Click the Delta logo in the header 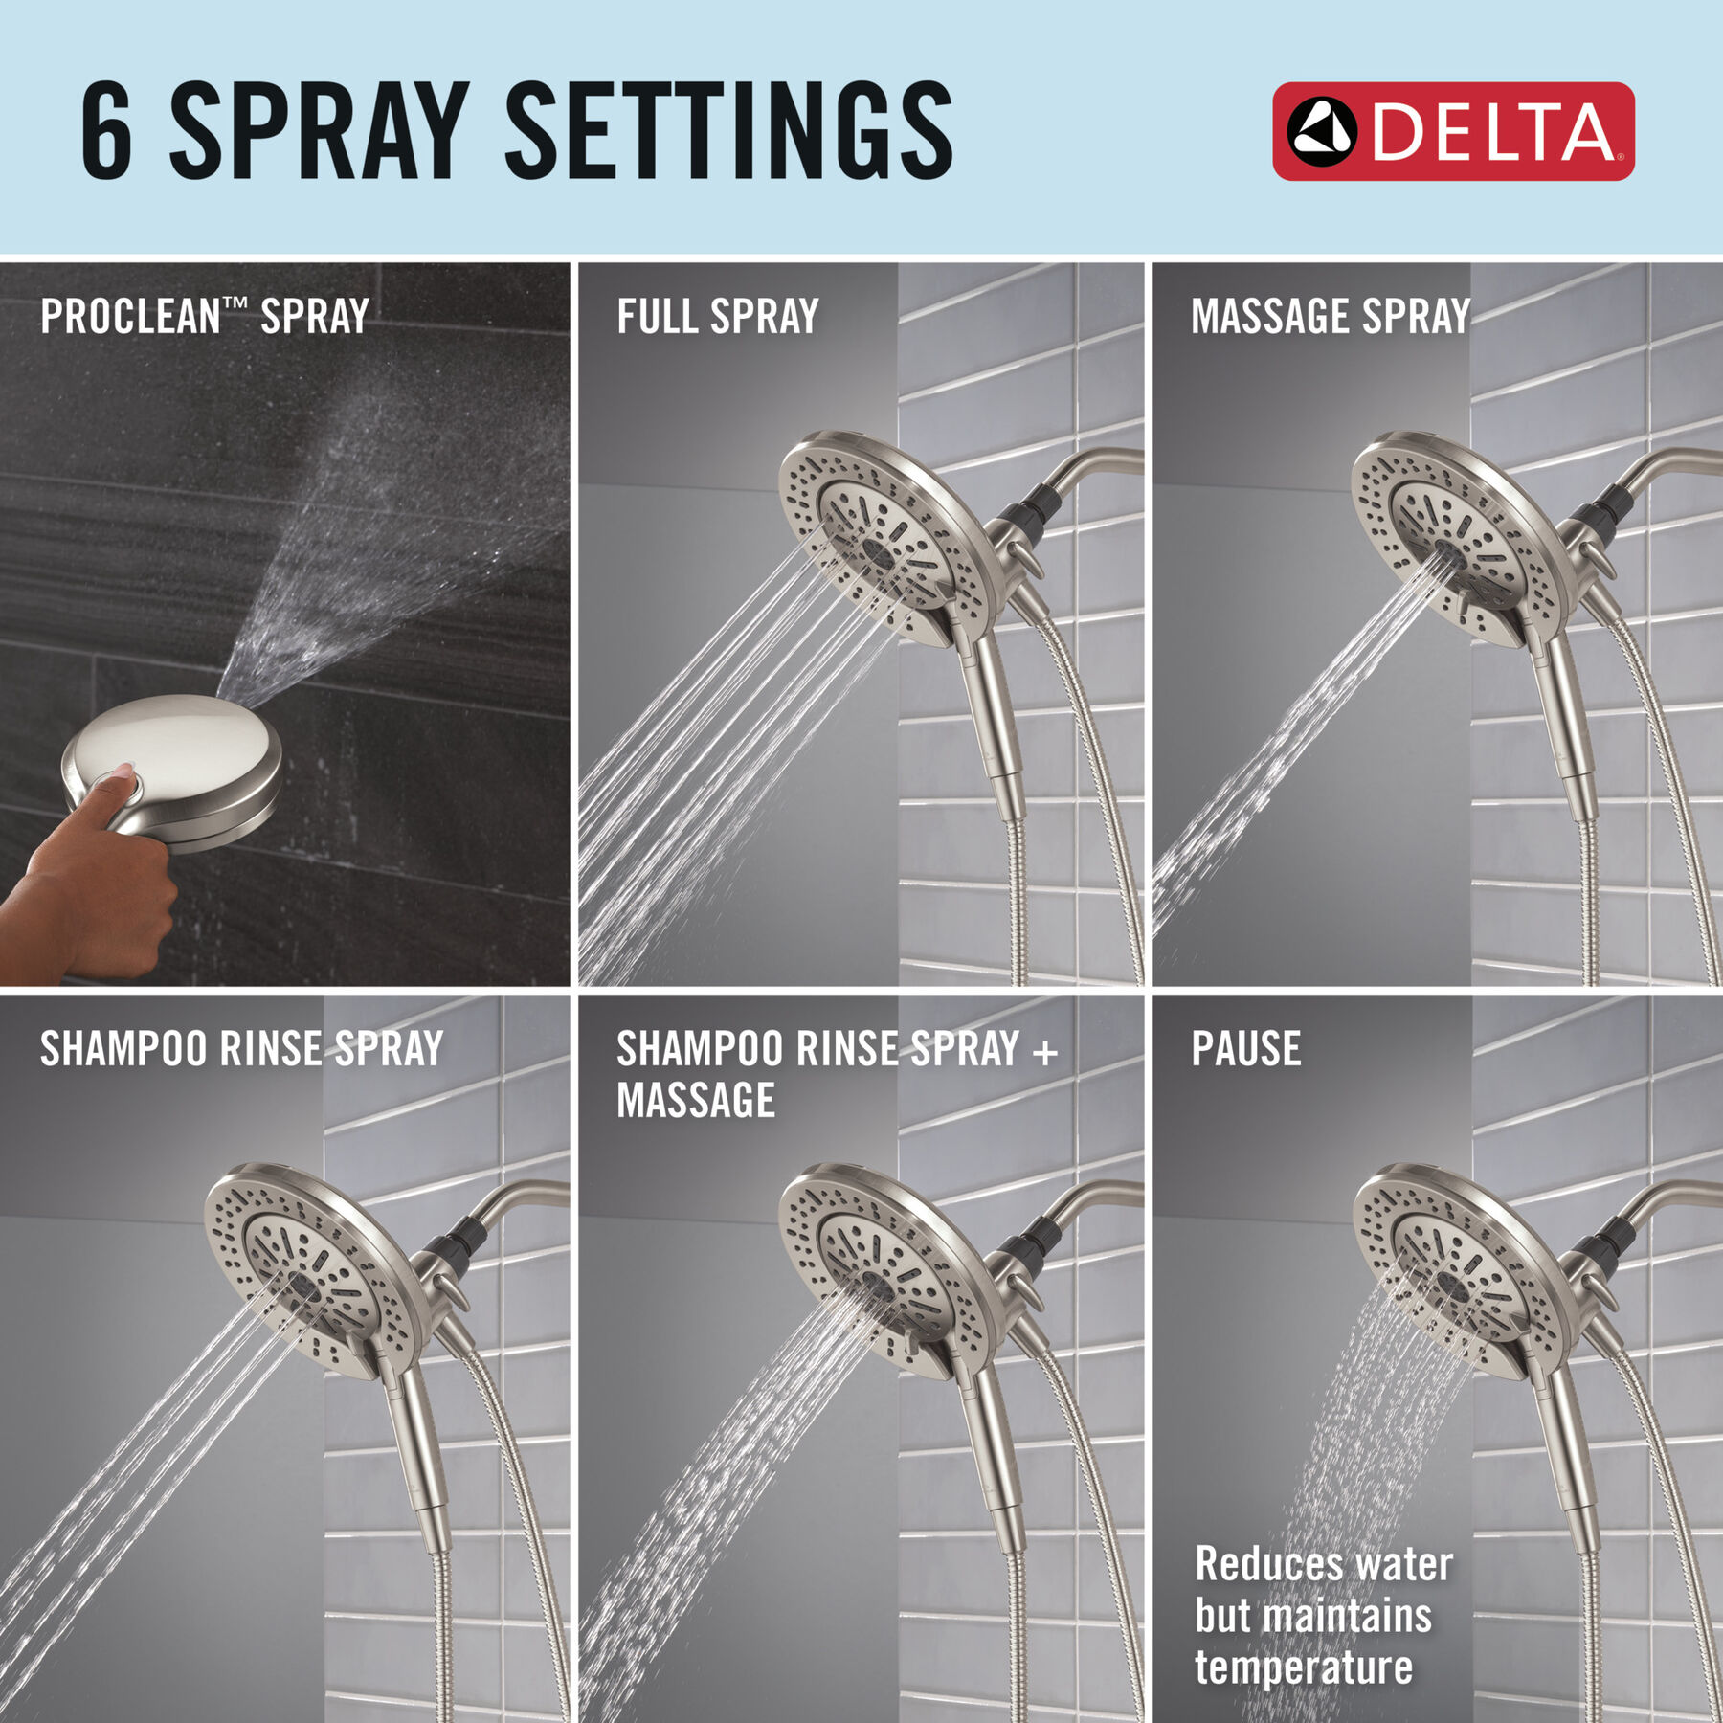(1452, 131)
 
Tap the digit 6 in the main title (107, 131)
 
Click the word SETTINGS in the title (727, 131)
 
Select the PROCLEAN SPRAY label (204, 316)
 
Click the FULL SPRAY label (718, 316)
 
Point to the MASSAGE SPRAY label (1330, 316)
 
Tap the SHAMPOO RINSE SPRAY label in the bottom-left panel (241, 1048)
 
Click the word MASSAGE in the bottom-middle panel (696, 1100)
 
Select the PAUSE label (1245, 1048)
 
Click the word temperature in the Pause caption (1303, 1667)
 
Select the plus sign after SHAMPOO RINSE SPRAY (1045, 1052)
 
